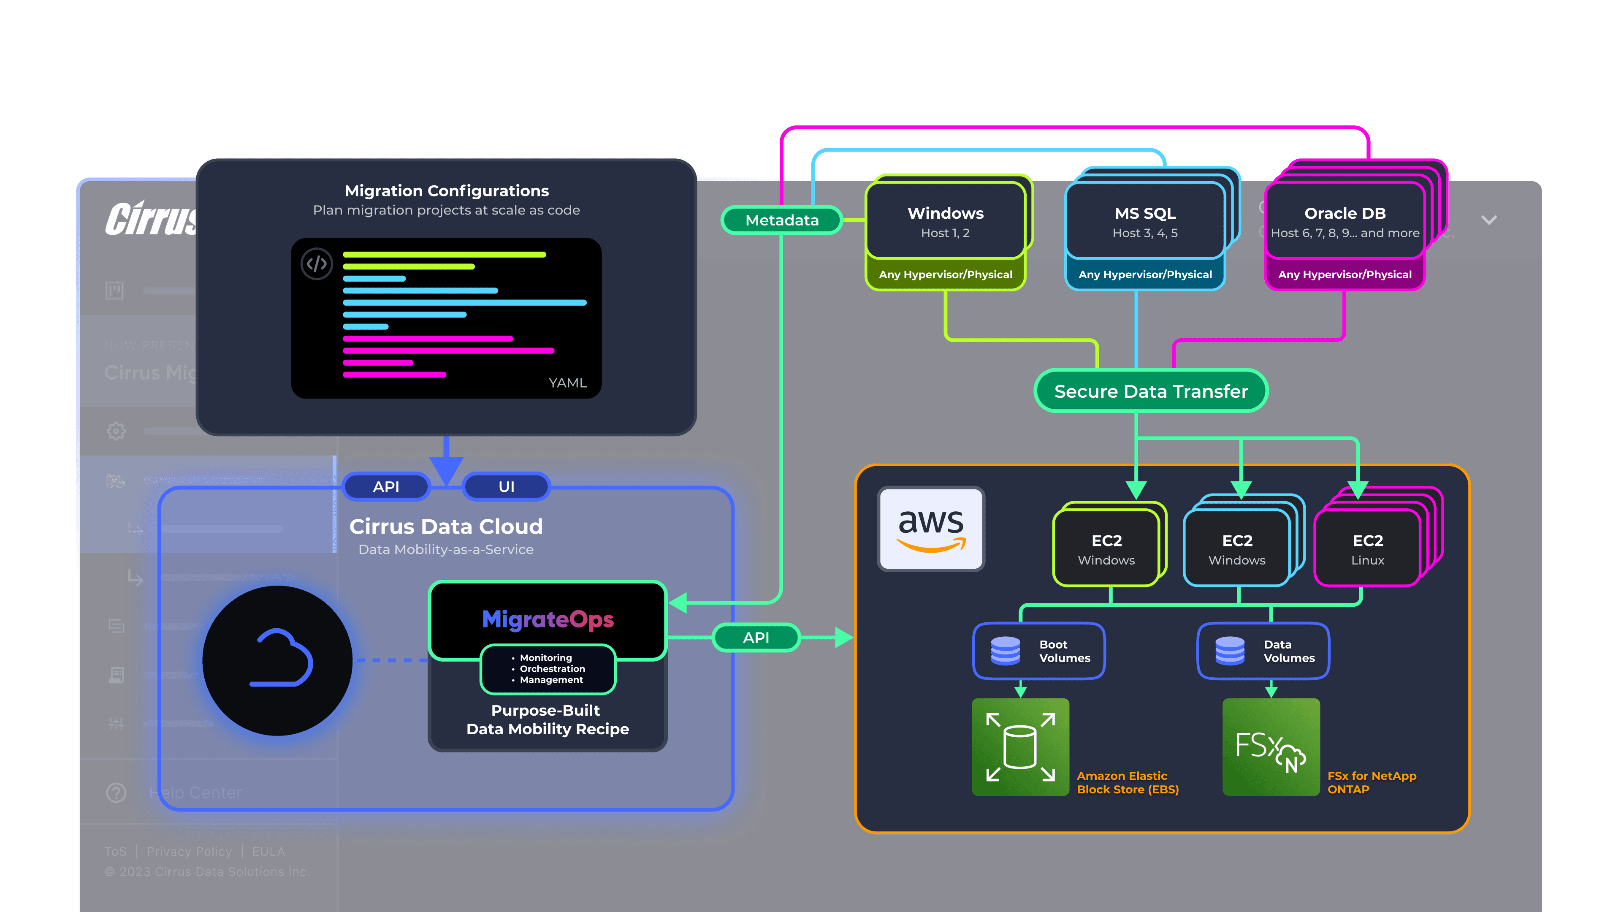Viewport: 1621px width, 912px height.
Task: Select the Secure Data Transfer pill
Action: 1151,391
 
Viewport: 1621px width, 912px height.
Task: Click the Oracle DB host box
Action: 1345,222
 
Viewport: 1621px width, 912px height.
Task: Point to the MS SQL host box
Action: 1145,222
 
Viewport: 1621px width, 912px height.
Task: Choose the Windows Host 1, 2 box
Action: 945,222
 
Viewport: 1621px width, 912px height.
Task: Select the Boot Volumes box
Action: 1039,651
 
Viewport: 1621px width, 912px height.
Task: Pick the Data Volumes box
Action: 1263,651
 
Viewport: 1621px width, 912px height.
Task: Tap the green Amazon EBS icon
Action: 1020,747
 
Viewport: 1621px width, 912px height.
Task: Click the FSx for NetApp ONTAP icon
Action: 1271,747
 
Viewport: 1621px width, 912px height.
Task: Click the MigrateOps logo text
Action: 548,619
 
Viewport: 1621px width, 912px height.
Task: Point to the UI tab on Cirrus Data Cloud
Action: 507,486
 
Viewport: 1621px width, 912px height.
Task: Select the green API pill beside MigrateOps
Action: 756,638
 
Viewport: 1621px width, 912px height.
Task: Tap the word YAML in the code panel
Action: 568,383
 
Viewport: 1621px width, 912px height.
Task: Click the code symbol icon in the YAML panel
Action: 317,264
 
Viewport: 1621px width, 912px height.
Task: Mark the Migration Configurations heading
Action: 447,191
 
